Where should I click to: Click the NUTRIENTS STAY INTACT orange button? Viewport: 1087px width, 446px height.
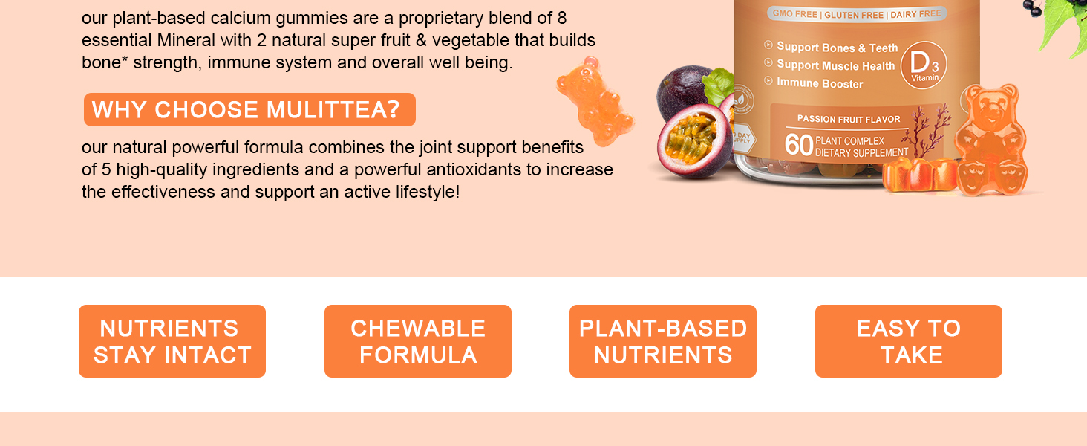pyautogui.click(x=172, y=341)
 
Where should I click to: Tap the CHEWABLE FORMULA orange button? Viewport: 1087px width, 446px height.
pyautogui.click(x=418, y=341)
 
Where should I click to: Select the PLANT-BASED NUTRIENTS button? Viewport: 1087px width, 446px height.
pyautogui.click(x=663, y=341)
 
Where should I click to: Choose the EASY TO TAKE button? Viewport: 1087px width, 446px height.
pyautogui.click(x=908, y=341)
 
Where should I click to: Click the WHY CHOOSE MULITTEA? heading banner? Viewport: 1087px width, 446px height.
pyautogui.click(x=249, y=110)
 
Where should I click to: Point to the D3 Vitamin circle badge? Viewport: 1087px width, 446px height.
pyautogui.click(x=924, y=65)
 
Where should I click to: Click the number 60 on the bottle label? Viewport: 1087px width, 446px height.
pyautogui.click(x=798, y=145)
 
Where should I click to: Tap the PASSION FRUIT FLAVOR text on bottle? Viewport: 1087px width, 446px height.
pyautogui.click(x=849, y=119)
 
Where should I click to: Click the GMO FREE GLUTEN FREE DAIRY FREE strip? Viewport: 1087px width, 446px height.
pyautogui.click(x=857, y=14)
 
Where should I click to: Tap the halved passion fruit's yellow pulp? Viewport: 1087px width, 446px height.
pyautogui.click(x=692, y=138)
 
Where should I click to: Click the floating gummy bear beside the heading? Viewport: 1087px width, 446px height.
pyautogui.click(x=595, y=101)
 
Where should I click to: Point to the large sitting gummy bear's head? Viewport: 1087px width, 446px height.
pyautogui.click(x=990, y=107)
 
